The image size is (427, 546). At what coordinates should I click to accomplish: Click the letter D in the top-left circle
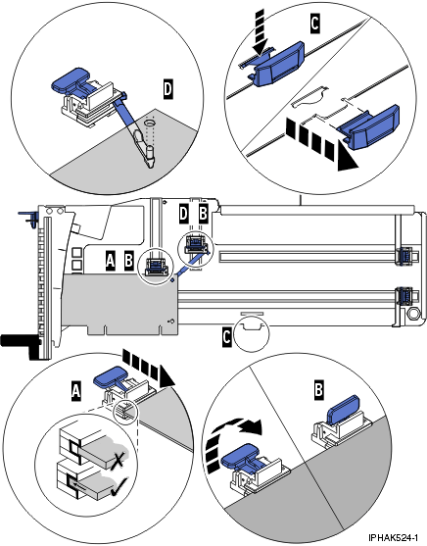click(x=167, y=89)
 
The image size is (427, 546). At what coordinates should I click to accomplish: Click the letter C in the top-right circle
click(x=314, y=20)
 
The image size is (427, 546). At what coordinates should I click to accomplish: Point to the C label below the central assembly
click(x=227, y=336)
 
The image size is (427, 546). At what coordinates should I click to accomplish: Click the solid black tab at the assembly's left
click(x=18, y=342)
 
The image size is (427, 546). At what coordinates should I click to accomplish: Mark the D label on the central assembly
click(x=183, y=212)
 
